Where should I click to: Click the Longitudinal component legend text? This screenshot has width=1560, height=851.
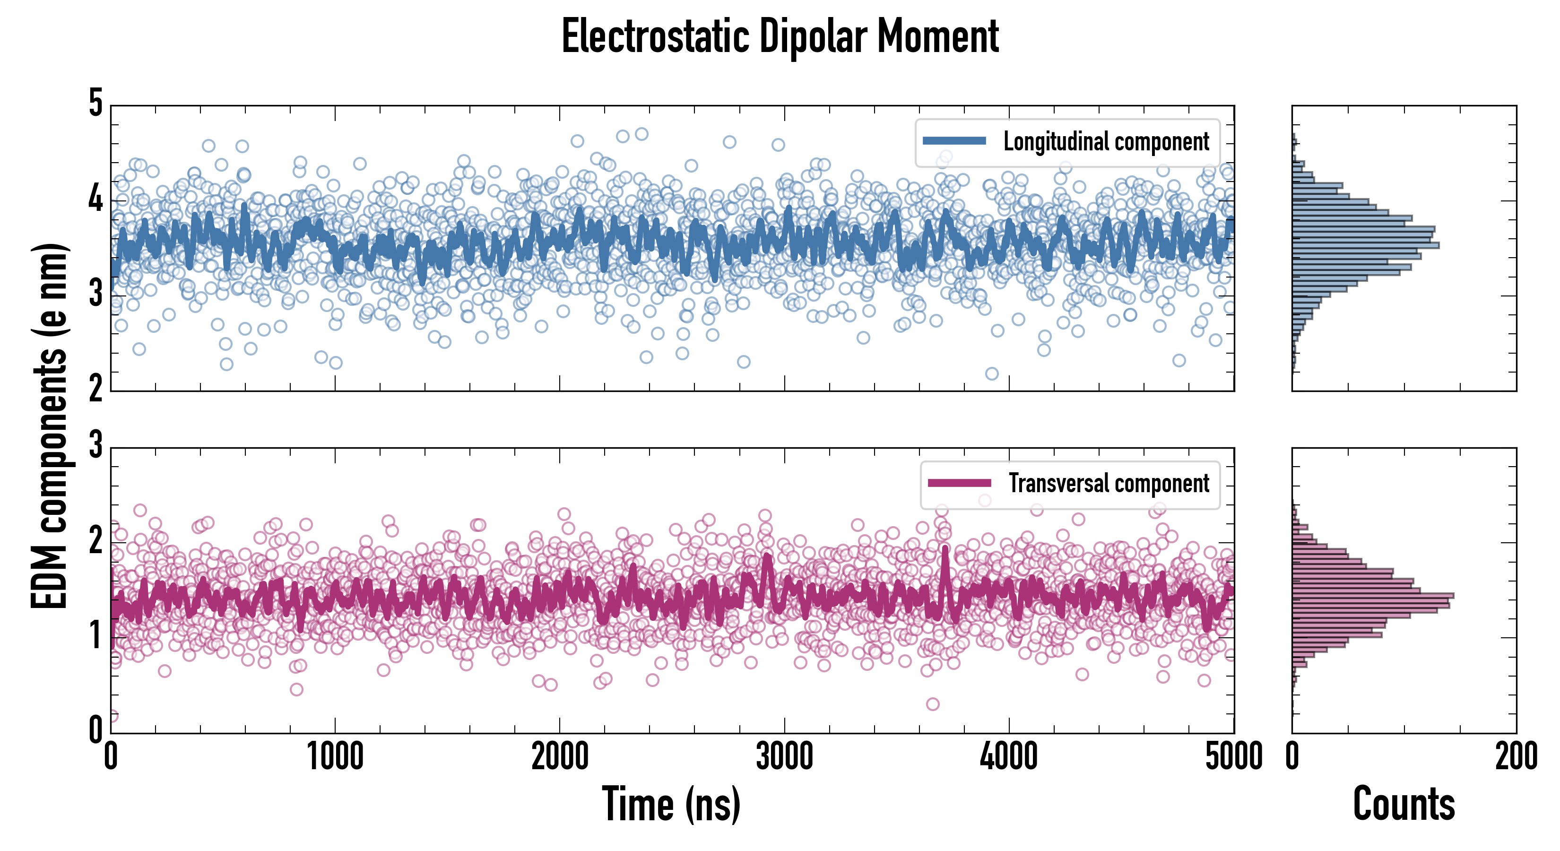pyautogui.click(x=1106, y=142)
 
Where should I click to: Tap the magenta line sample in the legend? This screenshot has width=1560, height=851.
pyautogui.click(x=959, y=483)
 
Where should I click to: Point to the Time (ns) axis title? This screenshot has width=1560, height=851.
pyautogui.click(x=671, y=804)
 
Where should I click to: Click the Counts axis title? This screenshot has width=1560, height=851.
pyautogui.click(x=1404, y=804)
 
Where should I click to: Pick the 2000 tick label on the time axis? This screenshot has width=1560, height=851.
pyautogui.click(x=560, y=757)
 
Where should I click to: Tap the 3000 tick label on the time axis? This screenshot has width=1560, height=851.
pyautogui.click(x=785, y=757)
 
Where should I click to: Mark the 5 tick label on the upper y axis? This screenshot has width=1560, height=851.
pyautogui.click(x=95, y=104)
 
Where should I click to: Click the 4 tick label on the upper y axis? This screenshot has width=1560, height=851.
pyautogui.click(x=95, y=199)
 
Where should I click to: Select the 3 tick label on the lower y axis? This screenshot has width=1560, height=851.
pyautogui.click(x=95, y=445)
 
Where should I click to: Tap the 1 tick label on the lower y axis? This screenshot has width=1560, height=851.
pyautogui.click(x=95, y=636)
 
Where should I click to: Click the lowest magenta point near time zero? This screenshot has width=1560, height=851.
pyautogui.click(x=112, y=716)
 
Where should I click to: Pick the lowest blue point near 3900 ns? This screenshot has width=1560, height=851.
pyautogui.click(x=992, y=373)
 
